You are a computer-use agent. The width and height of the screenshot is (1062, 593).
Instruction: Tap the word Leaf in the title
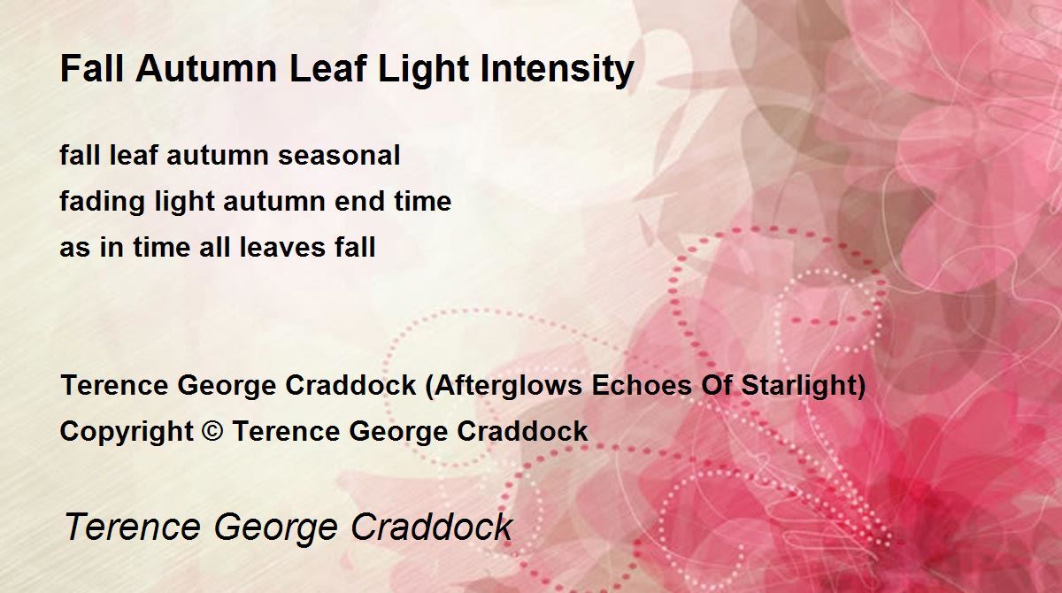tap(327, 69)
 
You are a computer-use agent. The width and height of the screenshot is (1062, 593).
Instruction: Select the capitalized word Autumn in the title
tap(206, 69)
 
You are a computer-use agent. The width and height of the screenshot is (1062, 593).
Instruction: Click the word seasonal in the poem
tap(339, 156)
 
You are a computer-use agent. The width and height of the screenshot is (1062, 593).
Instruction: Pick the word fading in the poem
tap(102, 203)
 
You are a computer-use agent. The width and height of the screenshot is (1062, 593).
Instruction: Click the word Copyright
tap(126, 432)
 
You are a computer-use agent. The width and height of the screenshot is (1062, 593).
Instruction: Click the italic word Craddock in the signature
tap(432, 527)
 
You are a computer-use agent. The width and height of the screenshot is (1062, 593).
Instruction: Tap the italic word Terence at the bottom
tap(132, 527)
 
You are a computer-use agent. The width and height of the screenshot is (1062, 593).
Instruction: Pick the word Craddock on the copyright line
tap(522, 431)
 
